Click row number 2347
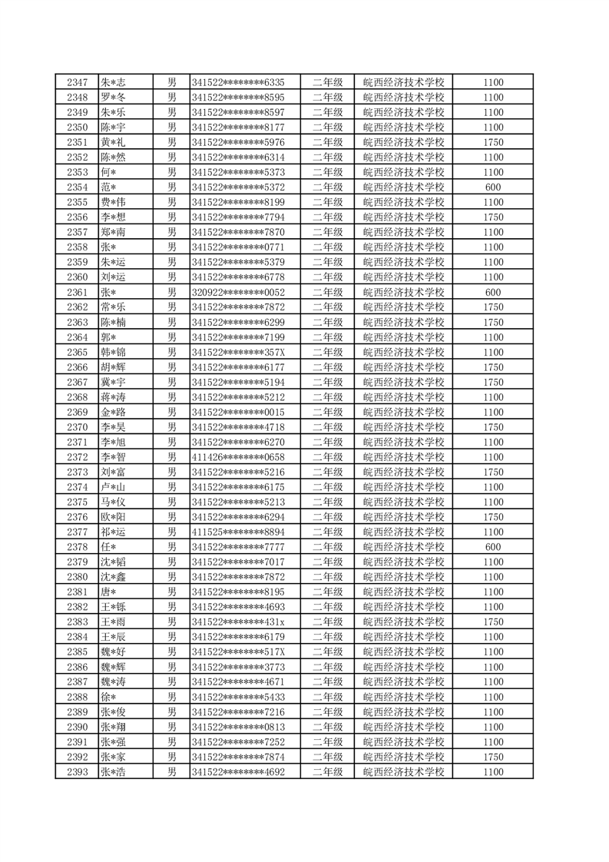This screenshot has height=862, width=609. coord(77,82)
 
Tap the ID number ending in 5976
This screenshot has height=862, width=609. coord(238,142)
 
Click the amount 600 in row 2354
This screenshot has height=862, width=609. coord(494,187)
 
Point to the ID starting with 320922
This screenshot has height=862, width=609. coord(238,292)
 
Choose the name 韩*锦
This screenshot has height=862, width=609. coord(113,352)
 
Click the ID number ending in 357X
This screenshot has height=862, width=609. coord(238,352)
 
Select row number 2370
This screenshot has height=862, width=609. coord(77,427)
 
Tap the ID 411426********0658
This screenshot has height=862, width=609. coord(238,457)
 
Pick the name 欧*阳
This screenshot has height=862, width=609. coord(113,517)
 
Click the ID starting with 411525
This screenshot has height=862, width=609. coord(238,532)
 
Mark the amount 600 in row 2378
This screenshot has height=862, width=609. coord(494,547)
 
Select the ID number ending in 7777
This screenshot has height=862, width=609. coord(238,547)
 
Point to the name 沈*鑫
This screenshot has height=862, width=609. coord(113,577)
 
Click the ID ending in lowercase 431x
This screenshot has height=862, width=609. coord(238,622)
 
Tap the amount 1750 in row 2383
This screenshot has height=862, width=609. coord(494,622)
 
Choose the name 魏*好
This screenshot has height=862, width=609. coord(113,651)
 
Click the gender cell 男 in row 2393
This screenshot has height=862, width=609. coord(172,771)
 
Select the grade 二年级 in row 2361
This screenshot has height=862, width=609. coord(327,292)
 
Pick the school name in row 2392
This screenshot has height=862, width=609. coord(403,757)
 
